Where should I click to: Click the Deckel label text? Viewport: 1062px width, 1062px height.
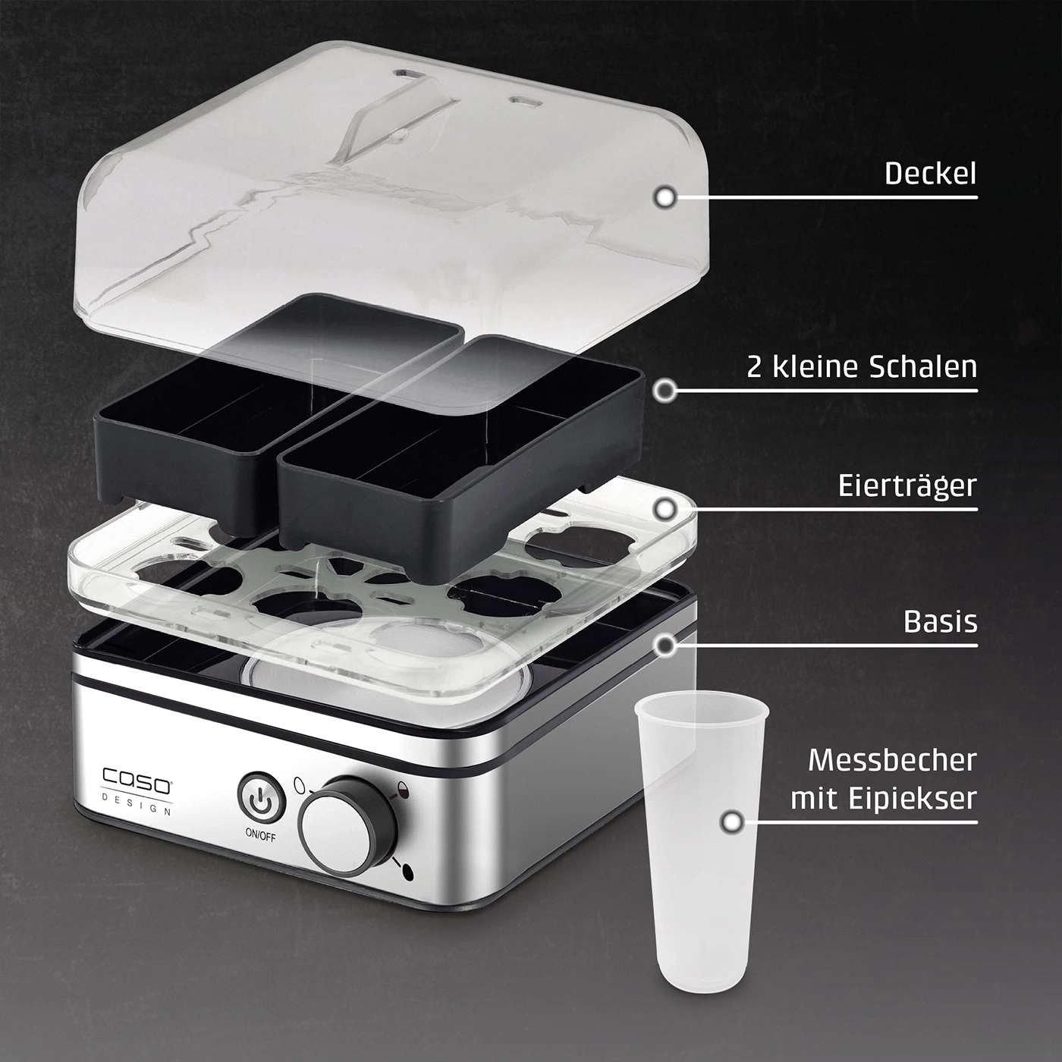point(930,174)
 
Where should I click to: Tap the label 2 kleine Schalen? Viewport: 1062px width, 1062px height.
point(862,366)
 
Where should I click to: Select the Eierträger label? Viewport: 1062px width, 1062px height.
point(907,486)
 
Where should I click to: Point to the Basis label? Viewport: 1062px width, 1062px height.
point(940,621)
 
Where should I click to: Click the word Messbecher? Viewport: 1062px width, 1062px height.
point(892,760)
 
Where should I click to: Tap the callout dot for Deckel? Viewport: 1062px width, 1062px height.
point(665,196)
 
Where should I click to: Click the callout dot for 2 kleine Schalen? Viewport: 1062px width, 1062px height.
point(665,391)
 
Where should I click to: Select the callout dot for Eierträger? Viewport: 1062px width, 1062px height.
point(665,509)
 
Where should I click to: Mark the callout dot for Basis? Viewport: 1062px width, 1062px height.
point(665,644)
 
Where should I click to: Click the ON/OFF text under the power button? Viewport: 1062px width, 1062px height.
point(261,835)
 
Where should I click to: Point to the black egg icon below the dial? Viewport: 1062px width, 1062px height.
point(408,872)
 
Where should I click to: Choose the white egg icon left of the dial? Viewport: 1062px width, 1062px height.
point(299,783)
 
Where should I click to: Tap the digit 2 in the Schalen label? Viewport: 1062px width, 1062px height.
point(755,368)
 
